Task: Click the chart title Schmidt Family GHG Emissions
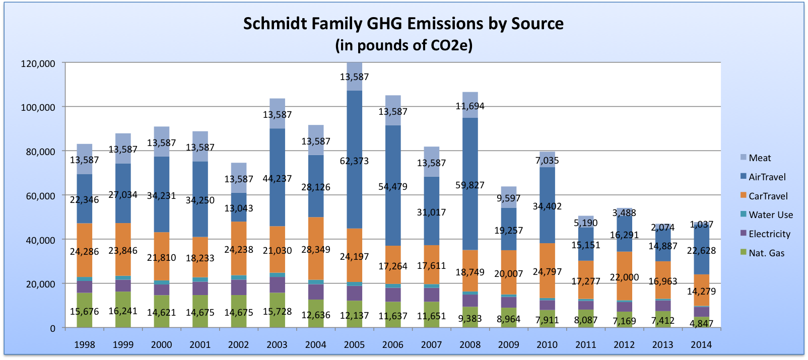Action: click(403, 24)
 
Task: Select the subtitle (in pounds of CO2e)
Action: click(403, 45)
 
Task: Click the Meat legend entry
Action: click(760, 158)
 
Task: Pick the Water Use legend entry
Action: click(770, 215)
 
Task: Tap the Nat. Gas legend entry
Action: click(766, 253)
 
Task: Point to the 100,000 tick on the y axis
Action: click(38, 107)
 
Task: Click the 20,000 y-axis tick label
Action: click(40, 284)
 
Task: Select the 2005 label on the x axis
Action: click(354, 345)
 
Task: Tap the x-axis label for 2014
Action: click(701, 345)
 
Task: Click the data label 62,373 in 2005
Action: click(354, 161)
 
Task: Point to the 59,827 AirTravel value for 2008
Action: click(469, 185)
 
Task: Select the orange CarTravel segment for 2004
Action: click(316, 237)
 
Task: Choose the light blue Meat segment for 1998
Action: click(85, 151)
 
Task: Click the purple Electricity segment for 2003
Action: click(277, 285)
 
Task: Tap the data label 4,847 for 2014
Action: click(701, 323)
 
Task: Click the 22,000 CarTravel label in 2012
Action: click(624, 277)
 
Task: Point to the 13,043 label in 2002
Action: click(239, 208)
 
